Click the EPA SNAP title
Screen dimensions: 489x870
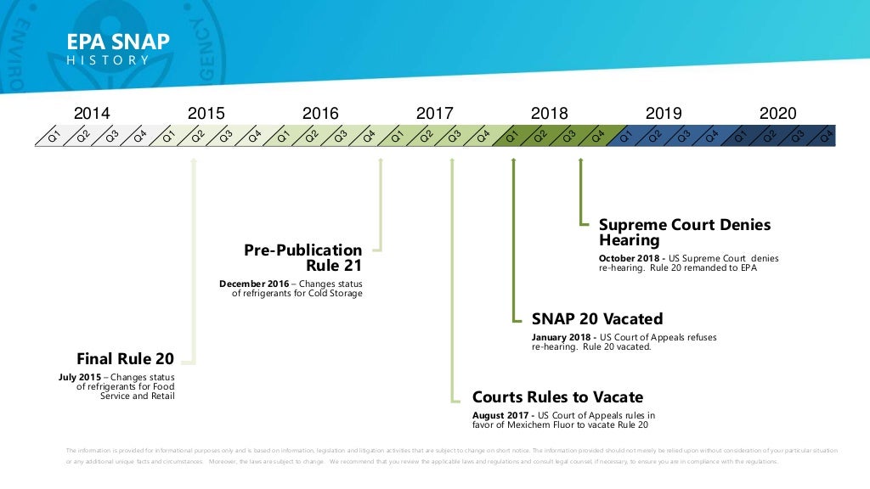coord(118,42)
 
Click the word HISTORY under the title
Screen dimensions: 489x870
coord(108,60)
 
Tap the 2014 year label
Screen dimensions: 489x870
coord(92,113)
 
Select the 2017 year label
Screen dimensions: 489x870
coord(434,113)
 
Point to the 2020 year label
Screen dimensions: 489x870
coord(777,113)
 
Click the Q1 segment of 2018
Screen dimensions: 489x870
coord(511,135)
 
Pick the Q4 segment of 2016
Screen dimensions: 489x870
coord(369,135)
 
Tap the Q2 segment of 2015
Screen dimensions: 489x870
coord(197,135)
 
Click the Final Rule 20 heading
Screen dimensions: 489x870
coord(125,358)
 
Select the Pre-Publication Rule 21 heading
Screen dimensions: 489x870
coord(303,258)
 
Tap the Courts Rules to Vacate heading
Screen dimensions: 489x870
coord(557,396)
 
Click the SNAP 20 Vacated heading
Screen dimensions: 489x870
coord(596,319)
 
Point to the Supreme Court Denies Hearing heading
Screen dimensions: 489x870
coord(684,233)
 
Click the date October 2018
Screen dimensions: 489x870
coord(630,258)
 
